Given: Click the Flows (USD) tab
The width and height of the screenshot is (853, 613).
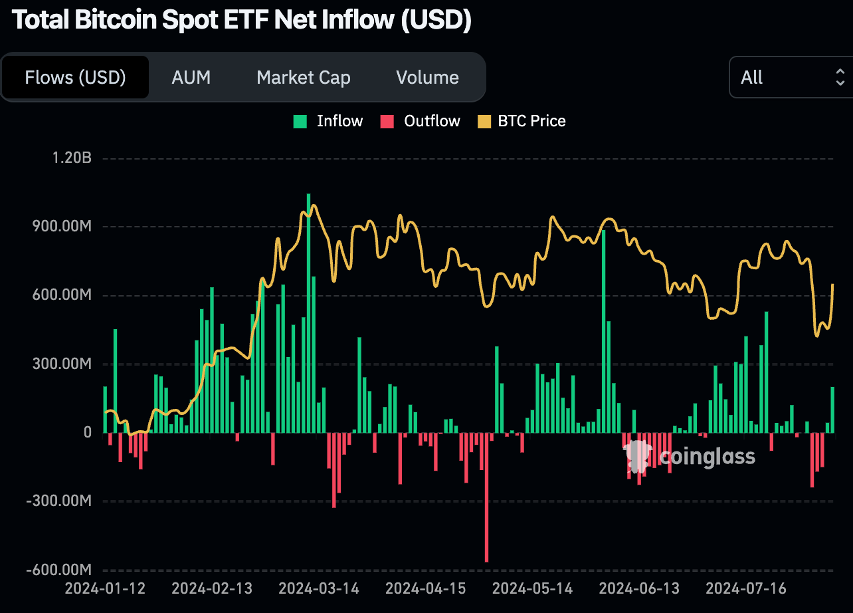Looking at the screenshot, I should [75, 78].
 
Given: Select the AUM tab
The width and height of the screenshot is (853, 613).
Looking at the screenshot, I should [191, 78].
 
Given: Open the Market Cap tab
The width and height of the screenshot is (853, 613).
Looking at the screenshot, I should [303, 78].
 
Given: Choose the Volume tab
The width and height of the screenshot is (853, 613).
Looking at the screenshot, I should [427, 78].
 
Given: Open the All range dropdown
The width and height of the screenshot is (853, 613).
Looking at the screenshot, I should [790, 78].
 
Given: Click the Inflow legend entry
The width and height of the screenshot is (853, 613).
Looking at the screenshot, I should [330, 121].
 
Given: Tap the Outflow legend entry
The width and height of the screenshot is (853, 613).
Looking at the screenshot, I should [421, 121].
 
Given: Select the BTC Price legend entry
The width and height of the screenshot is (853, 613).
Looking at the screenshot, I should [522, 121].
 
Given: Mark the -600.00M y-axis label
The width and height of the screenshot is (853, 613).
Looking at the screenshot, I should [60, 570].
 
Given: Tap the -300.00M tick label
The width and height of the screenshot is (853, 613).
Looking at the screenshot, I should [60, 501].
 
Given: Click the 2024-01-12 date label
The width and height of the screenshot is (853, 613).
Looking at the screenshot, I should [104, 589].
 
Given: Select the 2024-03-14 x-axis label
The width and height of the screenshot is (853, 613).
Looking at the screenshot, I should [318, 589].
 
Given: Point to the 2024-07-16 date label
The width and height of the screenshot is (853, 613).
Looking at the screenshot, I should [746, 589].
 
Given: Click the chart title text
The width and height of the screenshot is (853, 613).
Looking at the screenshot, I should [242, 20].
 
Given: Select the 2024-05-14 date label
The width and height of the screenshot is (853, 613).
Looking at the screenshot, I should [532, 589].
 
